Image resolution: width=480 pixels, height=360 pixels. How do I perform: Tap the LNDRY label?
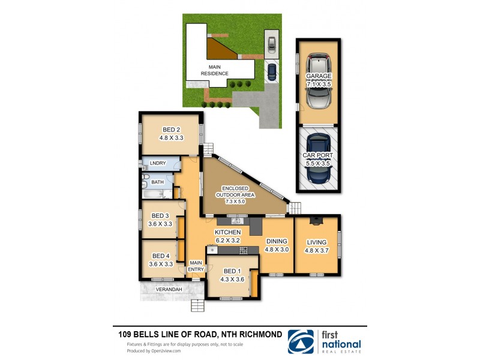[158, 163]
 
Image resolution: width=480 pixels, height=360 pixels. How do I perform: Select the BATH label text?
[157, 182]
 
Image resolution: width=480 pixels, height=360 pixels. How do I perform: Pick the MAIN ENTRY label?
[196, 266]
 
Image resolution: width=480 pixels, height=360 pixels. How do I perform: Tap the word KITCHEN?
[228, 232]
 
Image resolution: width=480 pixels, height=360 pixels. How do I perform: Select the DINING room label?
[277, 241]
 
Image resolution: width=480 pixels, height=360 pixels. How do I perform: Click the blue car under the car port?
[317, 159]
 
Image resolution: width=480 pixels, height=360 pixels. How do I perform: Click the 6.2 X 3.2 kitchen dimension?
[228, 241]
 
